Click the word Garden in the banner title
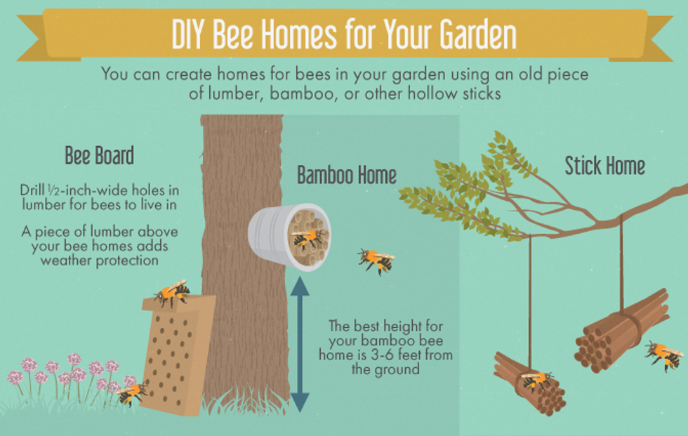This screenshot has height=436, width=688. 478,34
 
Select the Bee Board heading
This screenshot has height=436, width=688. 99,156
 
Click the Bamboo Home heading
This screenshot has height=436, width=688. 347,175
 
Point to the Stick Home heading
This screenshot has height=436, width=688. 604,166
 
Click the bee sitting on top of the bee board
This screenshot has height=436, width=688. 173,293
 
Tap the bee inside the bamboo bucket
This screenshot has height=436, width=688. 308,238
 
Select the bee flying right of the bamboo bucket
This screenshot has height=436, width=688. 376,260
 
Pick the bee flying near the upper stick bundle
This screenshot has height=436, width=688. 663,355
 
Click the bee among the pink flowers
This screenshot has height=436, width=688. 132,393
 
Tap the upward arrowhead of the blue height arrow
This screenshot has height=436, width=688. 300,286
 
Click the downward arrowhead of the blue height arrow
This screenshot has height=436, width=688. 300,403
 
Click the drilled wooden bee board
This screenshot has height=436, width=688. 177,356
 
